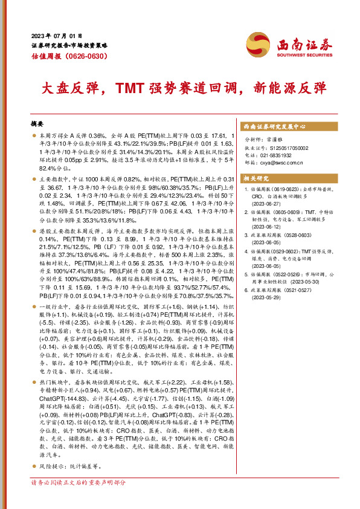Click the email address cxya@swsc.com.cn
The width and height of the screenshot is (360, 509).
[x=281, y=162]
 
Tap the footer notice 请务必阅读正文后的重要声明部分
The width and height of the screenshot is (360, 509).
[x=79, y=499]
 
